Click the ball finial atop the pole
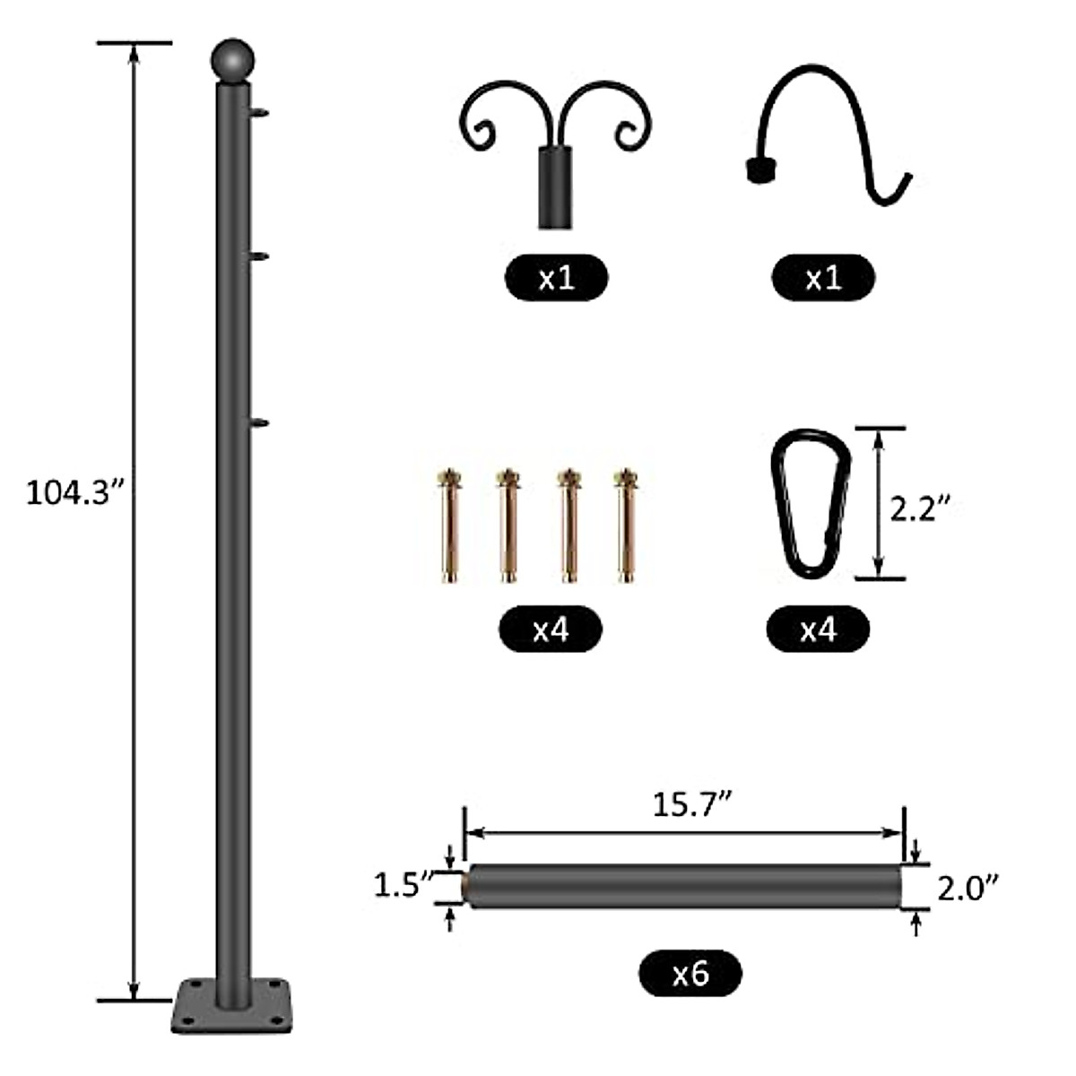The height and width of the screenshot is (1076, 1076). coord(233,61)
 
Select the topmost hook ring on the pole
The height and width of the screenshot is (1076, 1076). coord(259,113)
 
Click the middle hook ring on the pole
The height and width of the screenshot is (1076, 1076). coord(259,258)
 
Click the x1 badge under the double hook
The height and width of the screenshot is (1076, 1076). coord(556,277)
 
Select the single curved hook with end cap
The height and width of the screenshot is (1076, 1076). coord(829,134)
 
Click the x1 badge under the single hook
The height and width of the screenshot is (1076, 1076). coord(822,277)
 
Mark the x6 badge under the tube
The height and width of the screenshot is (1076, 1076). coord(690,973)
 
